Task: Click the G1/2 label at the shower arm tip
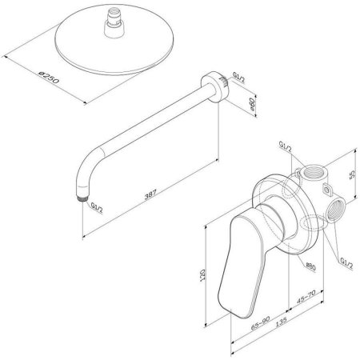coord(96,209)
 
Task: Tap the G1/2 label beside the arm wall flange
coord(236,79)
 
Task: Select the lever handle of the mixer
coord(240,256)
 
